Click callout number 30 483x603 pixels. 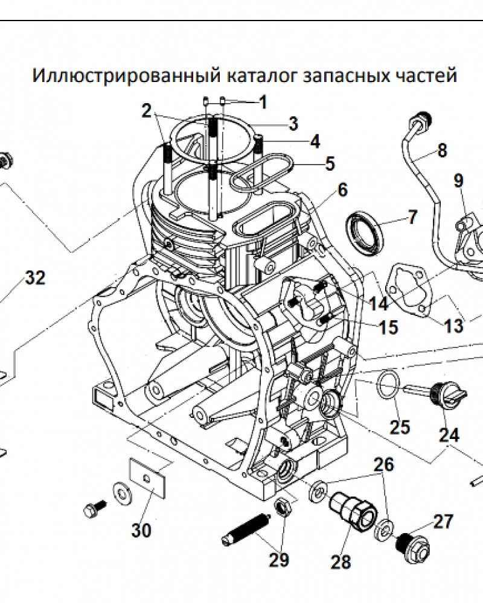[x=142, y=531]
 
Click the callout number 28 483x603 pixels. [x=341, y=562]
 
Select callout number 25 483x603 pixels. [x=399, y=427]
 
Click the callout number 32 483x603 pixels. [x=34, y=278]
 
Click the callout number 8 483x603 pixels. [x=442, y=150]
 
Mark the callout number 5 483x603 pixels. [x=330, y=163]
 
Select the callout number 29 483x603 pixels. [x=279, y=560]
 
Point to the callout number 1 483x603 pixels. [x=262, y=102]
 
